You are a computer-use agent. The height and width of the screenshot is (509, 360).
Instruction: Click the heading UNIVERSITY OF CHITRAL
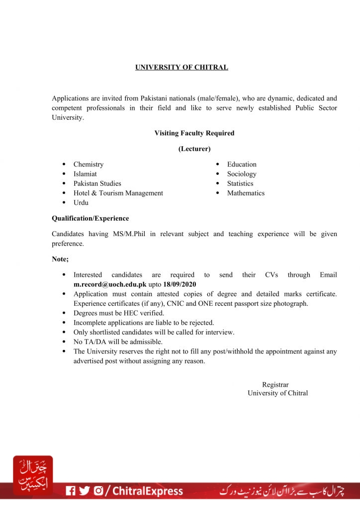click(x=181, y=67)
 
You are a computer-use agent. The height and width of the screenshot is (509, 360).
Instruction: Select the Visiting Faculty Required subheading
click(x=194, y=133)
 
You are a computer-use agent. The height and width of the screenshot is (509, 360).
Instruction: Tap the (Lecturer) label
click(x=194, y=149)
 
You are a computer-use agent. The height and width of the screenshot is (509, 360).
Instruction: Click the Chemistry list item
click(x=89, y=164)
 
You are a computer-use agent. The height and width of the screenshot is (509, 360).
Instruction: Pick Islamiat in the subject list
click(x=85, y=174)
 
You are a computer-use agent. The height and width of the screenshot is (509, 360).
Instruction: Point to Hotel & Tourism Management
click(x=118, y=193)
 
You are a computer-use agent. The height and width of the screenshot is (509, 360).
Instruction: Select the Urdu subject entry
click(x=81, y=203)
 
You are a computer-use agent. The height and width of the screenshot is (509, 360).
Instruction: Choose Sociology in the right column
click(x=242, y=174)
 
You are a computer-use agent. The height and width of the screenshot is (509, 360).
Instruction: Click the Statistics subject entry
click(x=240, y=183)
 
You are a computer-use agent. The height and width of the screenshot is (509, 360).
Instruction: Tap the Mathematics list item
click(x=246, y=193)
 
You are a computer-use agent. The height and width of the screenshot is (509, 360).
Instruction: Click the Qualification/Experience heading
click(x=90, y=218)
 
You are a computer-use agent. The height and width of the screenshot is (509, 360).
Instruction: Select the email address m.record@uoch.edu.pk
click(x=110, y=284)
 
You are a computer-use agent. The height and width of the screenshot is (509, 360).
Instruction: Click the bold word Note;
click(x=60, y=259)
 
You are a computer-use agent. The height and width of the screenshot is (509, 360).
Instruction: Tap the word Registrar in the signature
click(x=275, y=384)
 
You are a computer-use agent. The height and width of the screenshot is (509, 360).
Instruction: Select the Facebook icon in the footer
click(x=71, y=491)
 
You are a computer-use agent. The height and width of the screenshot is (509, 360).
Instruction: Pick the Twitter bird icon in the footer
click(x=85, y=491)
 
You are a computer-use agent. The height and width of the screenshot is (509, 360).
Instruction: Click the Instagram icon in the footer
click(x=98, y=491)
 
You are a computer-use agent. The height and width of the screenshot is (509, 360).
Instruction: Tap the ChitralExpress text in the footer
click(x=148, y=491)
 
